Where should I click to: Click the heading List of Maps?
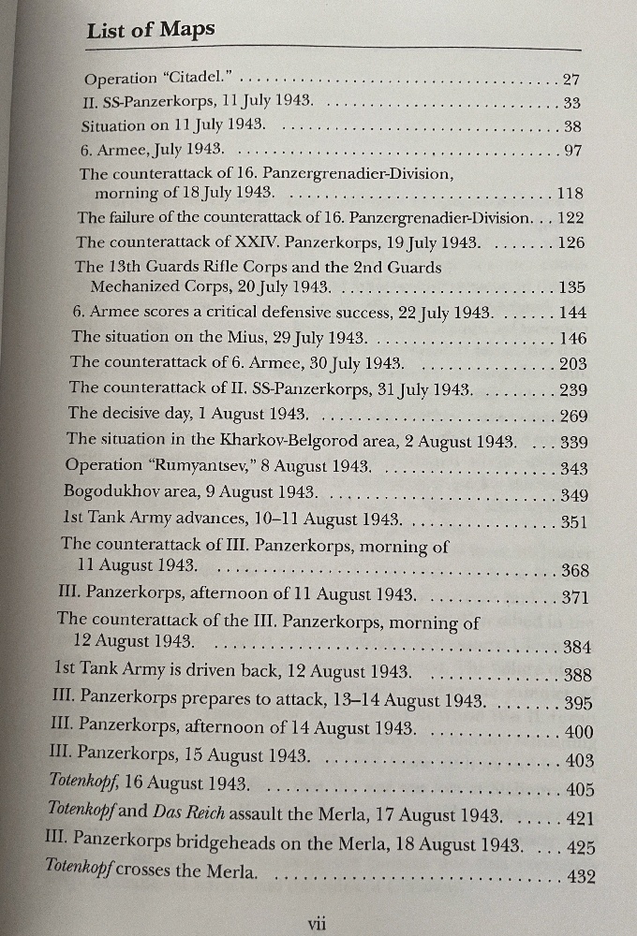pyautogui.click(x=151, y=30)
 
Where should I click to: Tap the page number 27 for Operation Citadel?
pyautogui.click(x=571, y=80)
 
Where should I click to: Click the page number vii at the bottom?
pyautogui.click(x=317, y=923)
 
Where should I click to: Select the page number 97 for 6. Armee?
pyautogui.click(x=571, y=150)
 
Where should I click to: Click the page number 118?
pyautogui.click(x=570, y=195)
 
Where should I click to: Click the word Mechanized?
pyautogui.click(x=132, y=288)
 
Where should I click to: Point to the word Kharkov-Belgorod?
pyautogui.click(x=274, y=438)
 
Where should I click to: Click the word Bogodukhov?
pyautogui.click(x=107, y=491)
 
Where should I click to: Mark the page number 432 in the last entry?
pyautogui.click(x=576, y=877)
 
